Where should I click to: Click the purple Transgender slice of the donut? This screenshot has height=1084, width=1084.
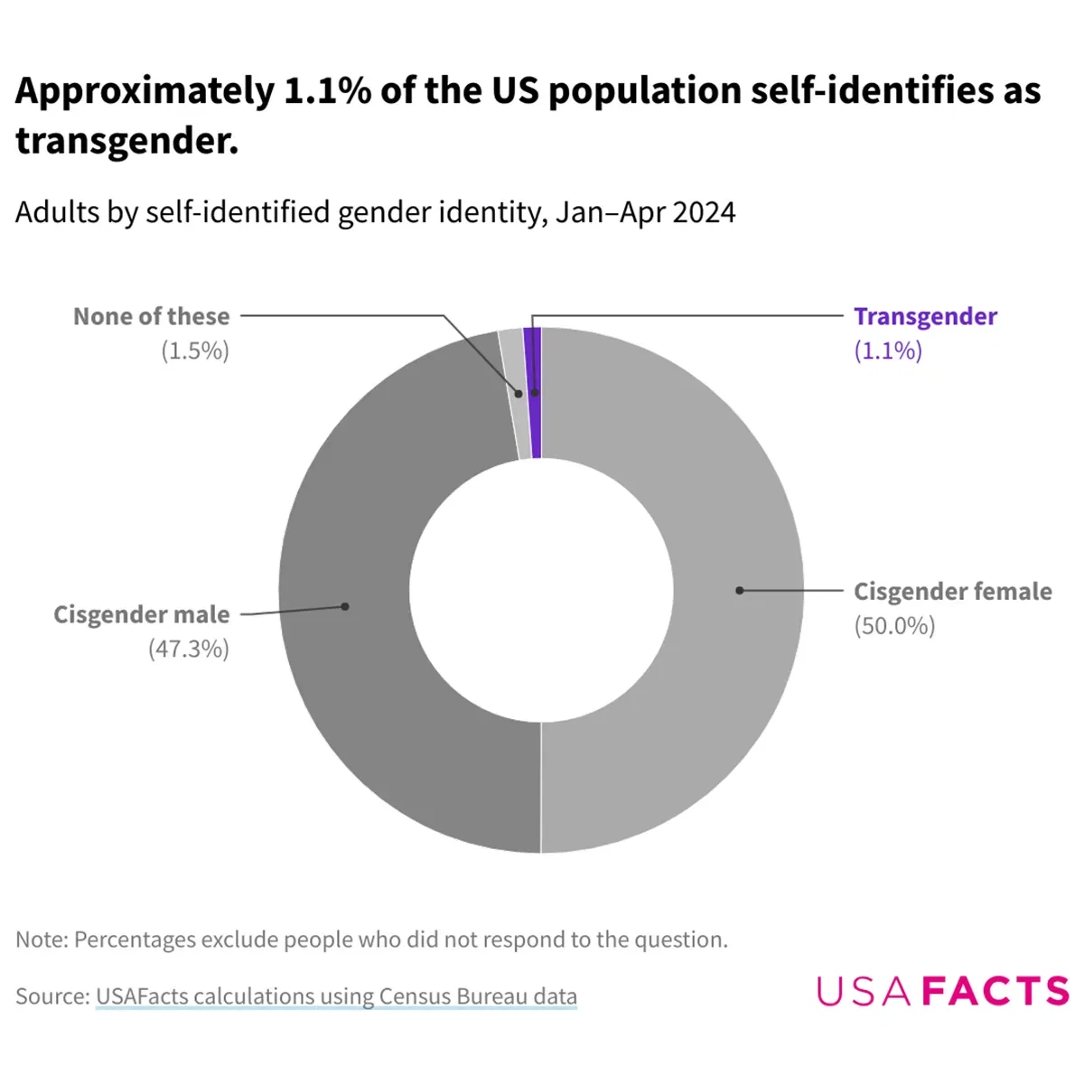pyautogui.click(x=533, y=425)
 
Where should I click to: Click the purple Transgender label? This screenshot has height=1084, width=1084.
pyautogui.click(x=925, y=316)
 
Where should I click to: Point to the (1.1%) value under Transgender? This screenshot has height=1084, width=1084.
pyautogui.click(x=888, y=350)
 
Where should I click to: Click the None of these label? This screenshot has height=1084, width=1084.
pyautogui.click(x=152, y=316)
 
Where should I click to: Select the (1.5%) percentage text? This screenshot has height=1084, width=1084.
pyautogui.click(x=195, y=350)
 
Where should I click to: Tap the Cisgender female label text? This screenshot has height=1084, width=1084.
pyautogui.click(x=952, y=592)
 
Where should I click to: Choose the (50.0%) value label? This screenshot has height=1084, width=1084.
pyautogui.click(x=894, y=626)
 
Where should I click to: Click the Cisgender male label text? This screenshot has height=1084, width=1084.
pyautogui.click(x=142, y=614)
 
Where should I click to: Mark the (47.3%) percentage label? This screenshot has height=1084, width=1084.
pyautogui.click(x=189, y=649)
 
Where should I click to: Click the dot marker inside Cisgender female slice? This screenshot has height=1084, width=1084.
pyautogui.click(x=739, y=590)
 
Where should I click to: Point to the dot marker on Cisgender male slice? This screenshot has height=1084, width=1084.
pyautogui.click(x=345, y=606)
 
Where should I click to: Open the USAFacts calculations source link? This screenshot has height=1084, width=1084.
pyautogui.click(x=336, y=996)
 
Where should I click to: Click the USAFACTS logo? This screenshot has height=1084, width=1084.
pyautogui.click(x=943, y=991)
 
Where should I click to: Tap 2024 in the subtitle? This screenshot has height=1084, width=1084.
pyautogui.click(x=704, y=212)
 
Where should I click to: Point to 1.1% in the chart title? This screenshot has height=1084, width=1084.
pyautogui.click(x=327, y=91)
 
